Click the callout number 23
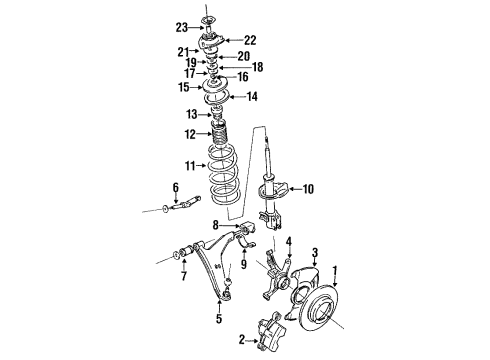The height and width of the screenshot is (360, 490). pyautogui.click(x=181, y=28)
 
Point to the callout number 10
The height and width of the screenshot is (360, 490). pyautogui.click(x=307, y=188)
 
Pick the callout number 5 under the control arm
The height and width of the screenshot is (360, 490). pyautogui.click(x=219, y=321)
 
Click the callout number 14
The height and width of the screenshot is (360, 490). pyautogui.click(x=251, y=97)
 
